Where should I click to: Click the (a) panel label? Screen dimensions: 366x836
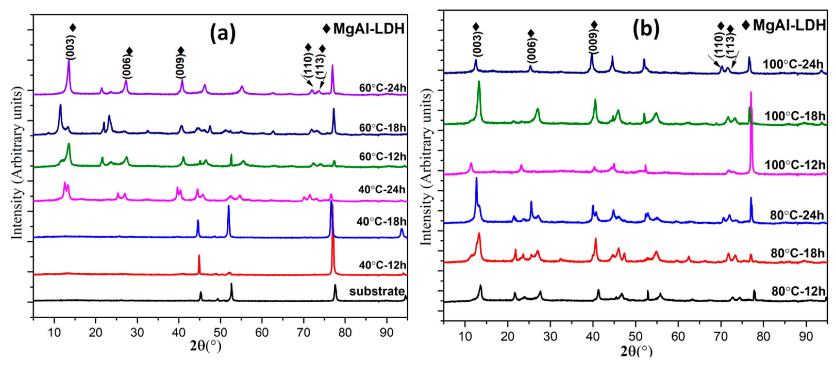223,34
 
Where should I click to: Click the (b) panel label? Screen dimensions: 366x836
646,29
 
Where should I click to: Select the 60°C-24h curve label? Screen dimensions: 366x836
382,88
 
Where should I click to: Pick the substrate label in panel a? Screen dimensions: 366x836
377,291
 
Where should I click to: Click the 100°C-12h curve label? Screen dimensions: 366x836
795,165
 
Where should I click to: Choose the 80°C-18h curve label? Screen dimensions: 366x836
797,253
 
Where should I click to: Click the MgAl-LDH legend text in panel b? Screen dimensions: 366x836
789,25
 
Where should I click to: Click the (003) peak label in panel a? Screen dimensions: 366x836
71,47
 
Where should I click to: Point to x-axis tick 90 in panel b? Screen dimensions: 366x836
806,337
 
